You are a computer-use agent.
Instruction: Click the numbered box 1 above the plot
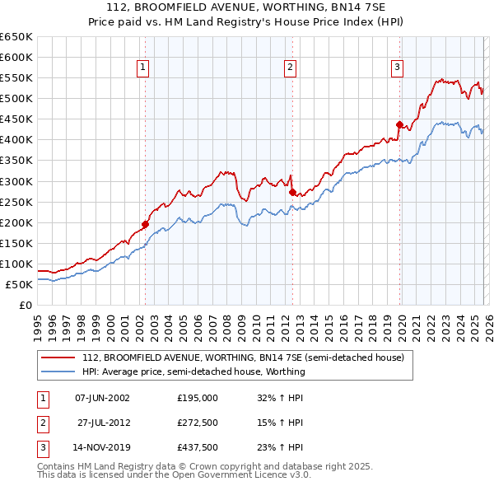tap(143, 68)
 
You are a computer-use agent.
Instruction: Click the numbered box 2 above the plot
tap(291, 68)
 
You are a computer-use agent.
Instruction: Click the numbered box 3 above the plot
tap(397, 68)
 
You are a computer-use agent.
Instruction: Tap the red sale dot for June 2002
tap(145, 224)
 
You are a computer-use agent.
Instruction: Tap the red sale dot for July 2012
tap(292, 192)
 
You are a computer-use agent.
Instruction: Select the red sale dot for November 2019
tap(399, 124)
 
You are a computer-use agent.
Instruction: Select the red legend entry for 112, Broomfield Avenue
tap(243, 358)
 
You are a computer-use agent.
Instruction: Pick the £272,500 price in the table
tap(197, 423)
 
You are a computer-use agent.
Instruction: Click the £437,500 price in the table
tap(197, 447)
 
